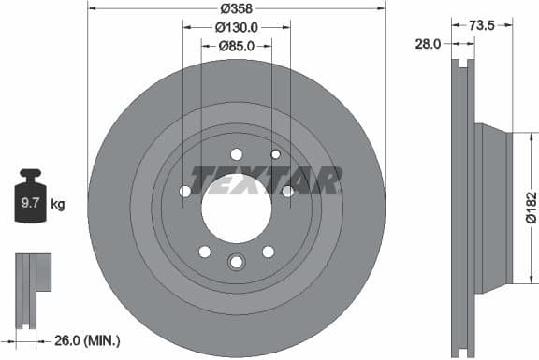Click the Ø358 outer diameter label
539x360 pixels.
pos(236,8)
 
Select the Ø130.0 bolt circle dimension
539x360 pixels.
pos(237,27)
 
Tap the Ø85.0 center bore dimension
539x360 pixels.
pos(237,45)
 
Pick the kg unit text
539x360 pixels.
pos(58,202)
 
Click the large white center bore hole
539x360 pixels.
pos(236,205)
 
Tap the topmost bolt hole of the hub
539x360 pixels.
pos(236,154)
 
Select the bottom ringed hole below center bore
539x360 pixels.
pos(236,264)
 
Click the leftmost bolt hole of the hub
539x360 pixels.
pos(184,192)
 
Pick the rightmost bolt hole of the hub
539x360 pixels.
pos(287,192)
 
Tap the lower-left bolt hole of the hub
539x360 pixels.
pos(204,251)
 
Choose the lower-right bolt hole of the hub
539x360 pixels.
pos(269,251)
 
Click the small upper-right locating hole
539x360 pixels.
pos(275,154)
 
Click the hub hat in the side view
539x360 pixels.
pos(493,206)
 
